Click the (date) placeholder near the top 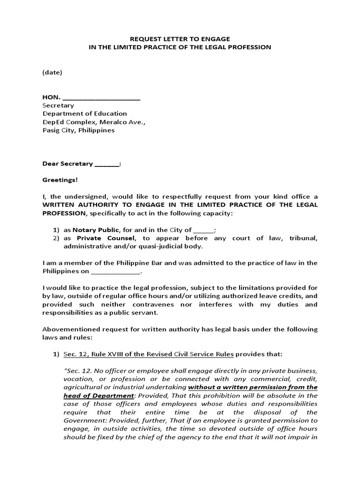pyautogui.click(x=52, y=73)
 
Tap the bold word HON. pyautogui.click(x=52, y=97)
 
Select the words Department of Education pyautogui.click(x=85, y=113)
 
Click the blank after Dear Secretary pyautogui.click(x=107, y=165)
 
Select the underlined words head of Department pyautogui.click(x=92, y=396)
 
